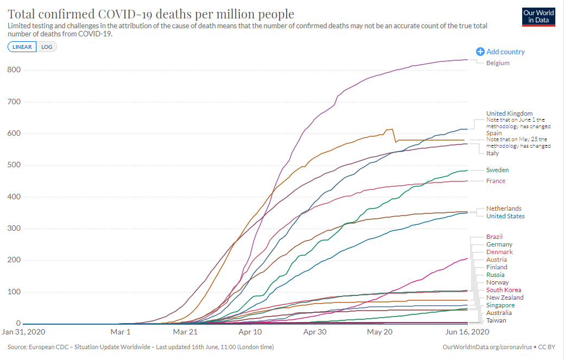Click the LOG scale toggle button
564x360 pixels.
click(47, 47)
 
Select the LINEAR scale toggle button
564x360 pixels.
click(22, 47)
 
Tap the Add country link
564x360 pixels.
click(500, 52)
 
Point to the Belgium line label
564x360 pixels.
click(498, 63)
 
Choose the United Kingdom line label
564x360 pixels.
click(509, 113)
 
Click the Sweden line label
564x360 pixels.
click(497, 170)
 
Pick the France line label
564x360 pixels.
click(496, 181)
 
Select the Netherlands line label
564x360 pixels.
click(504, 209)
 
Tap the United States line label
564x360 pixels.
click(505, 216)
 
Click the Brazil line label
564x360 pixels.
click(494, 237)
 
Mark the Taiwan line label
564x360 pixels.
click(496, 320)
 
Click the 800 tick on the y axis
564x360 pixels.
click(14, 70)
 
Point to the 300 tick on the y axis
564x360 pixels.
click(14, 229)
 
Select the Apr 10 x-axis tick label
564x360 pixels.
click(250, 331)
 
